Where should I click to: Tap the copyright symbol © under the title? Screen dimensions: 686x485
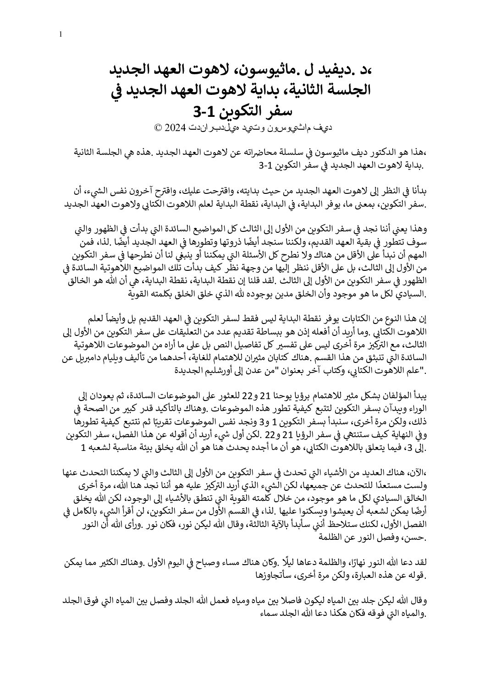point(158,128)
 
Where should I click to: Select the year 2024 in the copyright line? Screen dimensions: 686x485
point(175,128)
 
